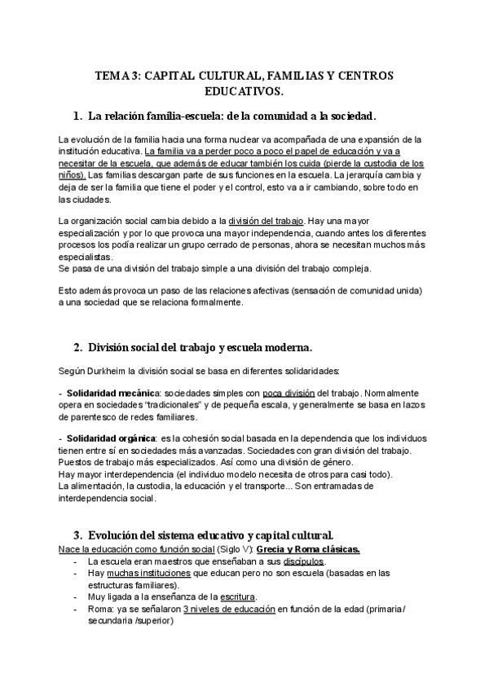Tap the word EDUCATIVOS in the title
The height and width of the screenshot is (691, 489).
(x=244, y=90)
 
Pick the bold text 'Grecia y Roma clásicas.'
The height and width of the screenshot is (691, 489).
(x=306, y=548)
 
